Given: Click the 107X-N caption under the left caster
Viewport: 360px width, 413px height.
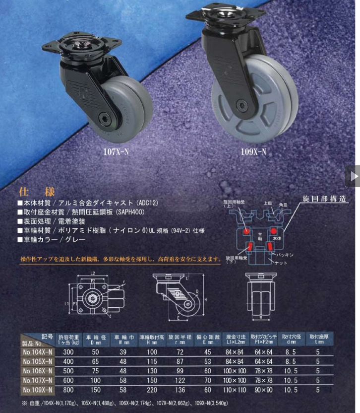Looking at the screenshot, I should point(115,152).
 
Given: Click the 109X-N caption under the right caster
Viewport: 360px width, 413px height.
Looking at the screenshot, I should point(252,152).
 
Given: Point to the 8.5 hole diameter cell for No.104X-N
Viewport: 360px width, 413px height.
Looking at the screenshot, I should point(289,352).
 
